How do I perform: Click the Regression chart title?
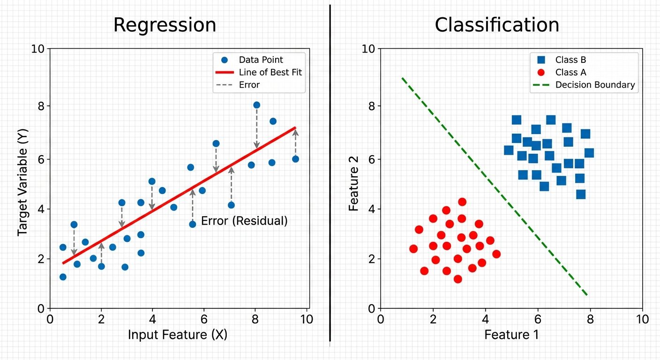click(x=165, y=25)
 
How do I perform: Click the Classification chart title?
click(x=497, y=25)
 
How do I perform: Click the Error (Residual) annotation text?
click(x=244, y=221)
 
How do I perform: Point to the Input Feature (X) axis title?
click(x=178, y=335)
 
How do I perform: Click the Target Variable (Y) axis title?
click(x=22, y=179)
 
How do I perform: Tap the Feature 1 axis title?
click(x=511, y=335)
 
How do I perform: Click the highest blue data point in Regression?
click(x=256, y=105)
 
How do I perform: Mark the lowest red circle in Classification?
click(x=458, y=279)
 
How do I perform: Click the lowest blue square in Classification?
click(x=581, y=194)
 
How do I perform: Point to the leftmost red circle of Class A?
click(x=413, y=249)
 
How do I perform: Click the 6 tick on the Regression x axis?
click(x=203, y=320)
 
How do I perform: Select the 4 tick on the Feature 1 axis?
click(x=485, y=320)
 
